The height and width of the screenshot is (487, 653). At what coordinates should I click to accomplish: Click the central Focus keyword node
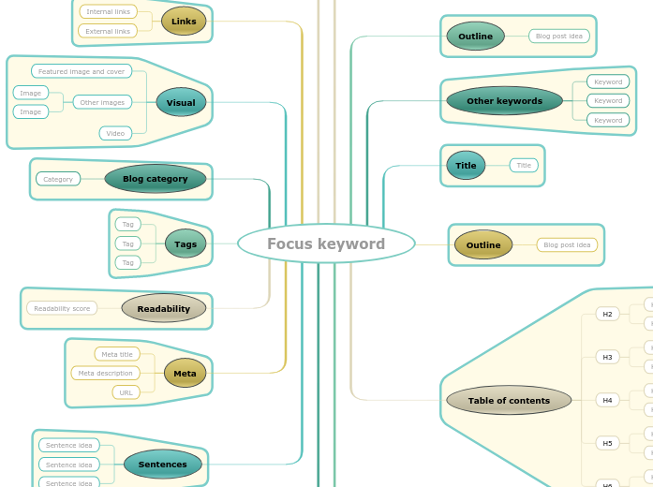326,243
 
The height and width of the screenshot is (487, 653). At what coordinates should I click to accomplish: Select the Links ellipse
184,21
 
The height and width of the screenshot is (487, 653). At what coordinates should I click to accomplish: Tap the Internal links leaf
108,11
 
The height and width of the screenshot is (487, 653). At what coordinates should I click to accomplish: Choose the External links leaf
108,31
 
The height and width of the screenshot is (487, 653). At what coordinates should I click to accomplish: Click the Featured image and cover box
82,71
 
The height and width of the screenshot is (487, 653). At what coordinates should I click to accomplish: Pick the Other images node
102,102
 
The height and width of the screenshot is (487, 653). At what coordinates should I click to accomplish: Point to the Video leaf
115,133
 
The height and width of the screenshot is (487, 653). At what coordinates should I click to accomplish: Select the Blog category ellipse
156,178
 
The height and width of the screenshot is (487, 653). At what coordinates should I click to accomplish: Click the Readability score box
62,308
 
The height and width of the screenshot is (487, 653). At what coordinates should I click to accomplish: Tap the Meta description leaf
105,373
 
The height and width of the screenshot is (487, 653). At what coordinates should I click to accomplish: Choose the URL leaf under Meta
126,392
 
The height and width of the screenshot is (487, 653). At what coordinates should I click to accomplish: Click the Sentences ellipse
163,464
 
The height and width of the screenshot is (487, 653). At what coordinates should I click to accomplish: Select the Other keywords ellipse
504,100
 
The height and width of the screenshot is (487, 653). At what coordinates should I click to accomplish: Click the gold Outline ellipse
483,244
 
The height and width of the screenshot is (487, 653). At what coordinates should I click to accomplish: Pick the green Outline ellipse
475,36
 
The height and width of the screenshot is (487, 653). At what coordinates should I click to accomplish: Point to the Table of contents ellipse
509,400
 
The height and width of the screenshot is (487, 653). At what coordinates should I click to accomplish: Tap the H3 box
607,357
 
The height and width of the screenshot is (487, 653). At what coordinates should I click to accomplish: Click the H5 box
607,443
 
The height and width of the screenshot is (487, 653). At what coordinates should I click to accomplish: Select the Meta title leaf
117,354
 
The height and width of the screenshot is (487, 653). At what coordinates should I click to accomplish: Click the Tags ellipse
186,243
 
